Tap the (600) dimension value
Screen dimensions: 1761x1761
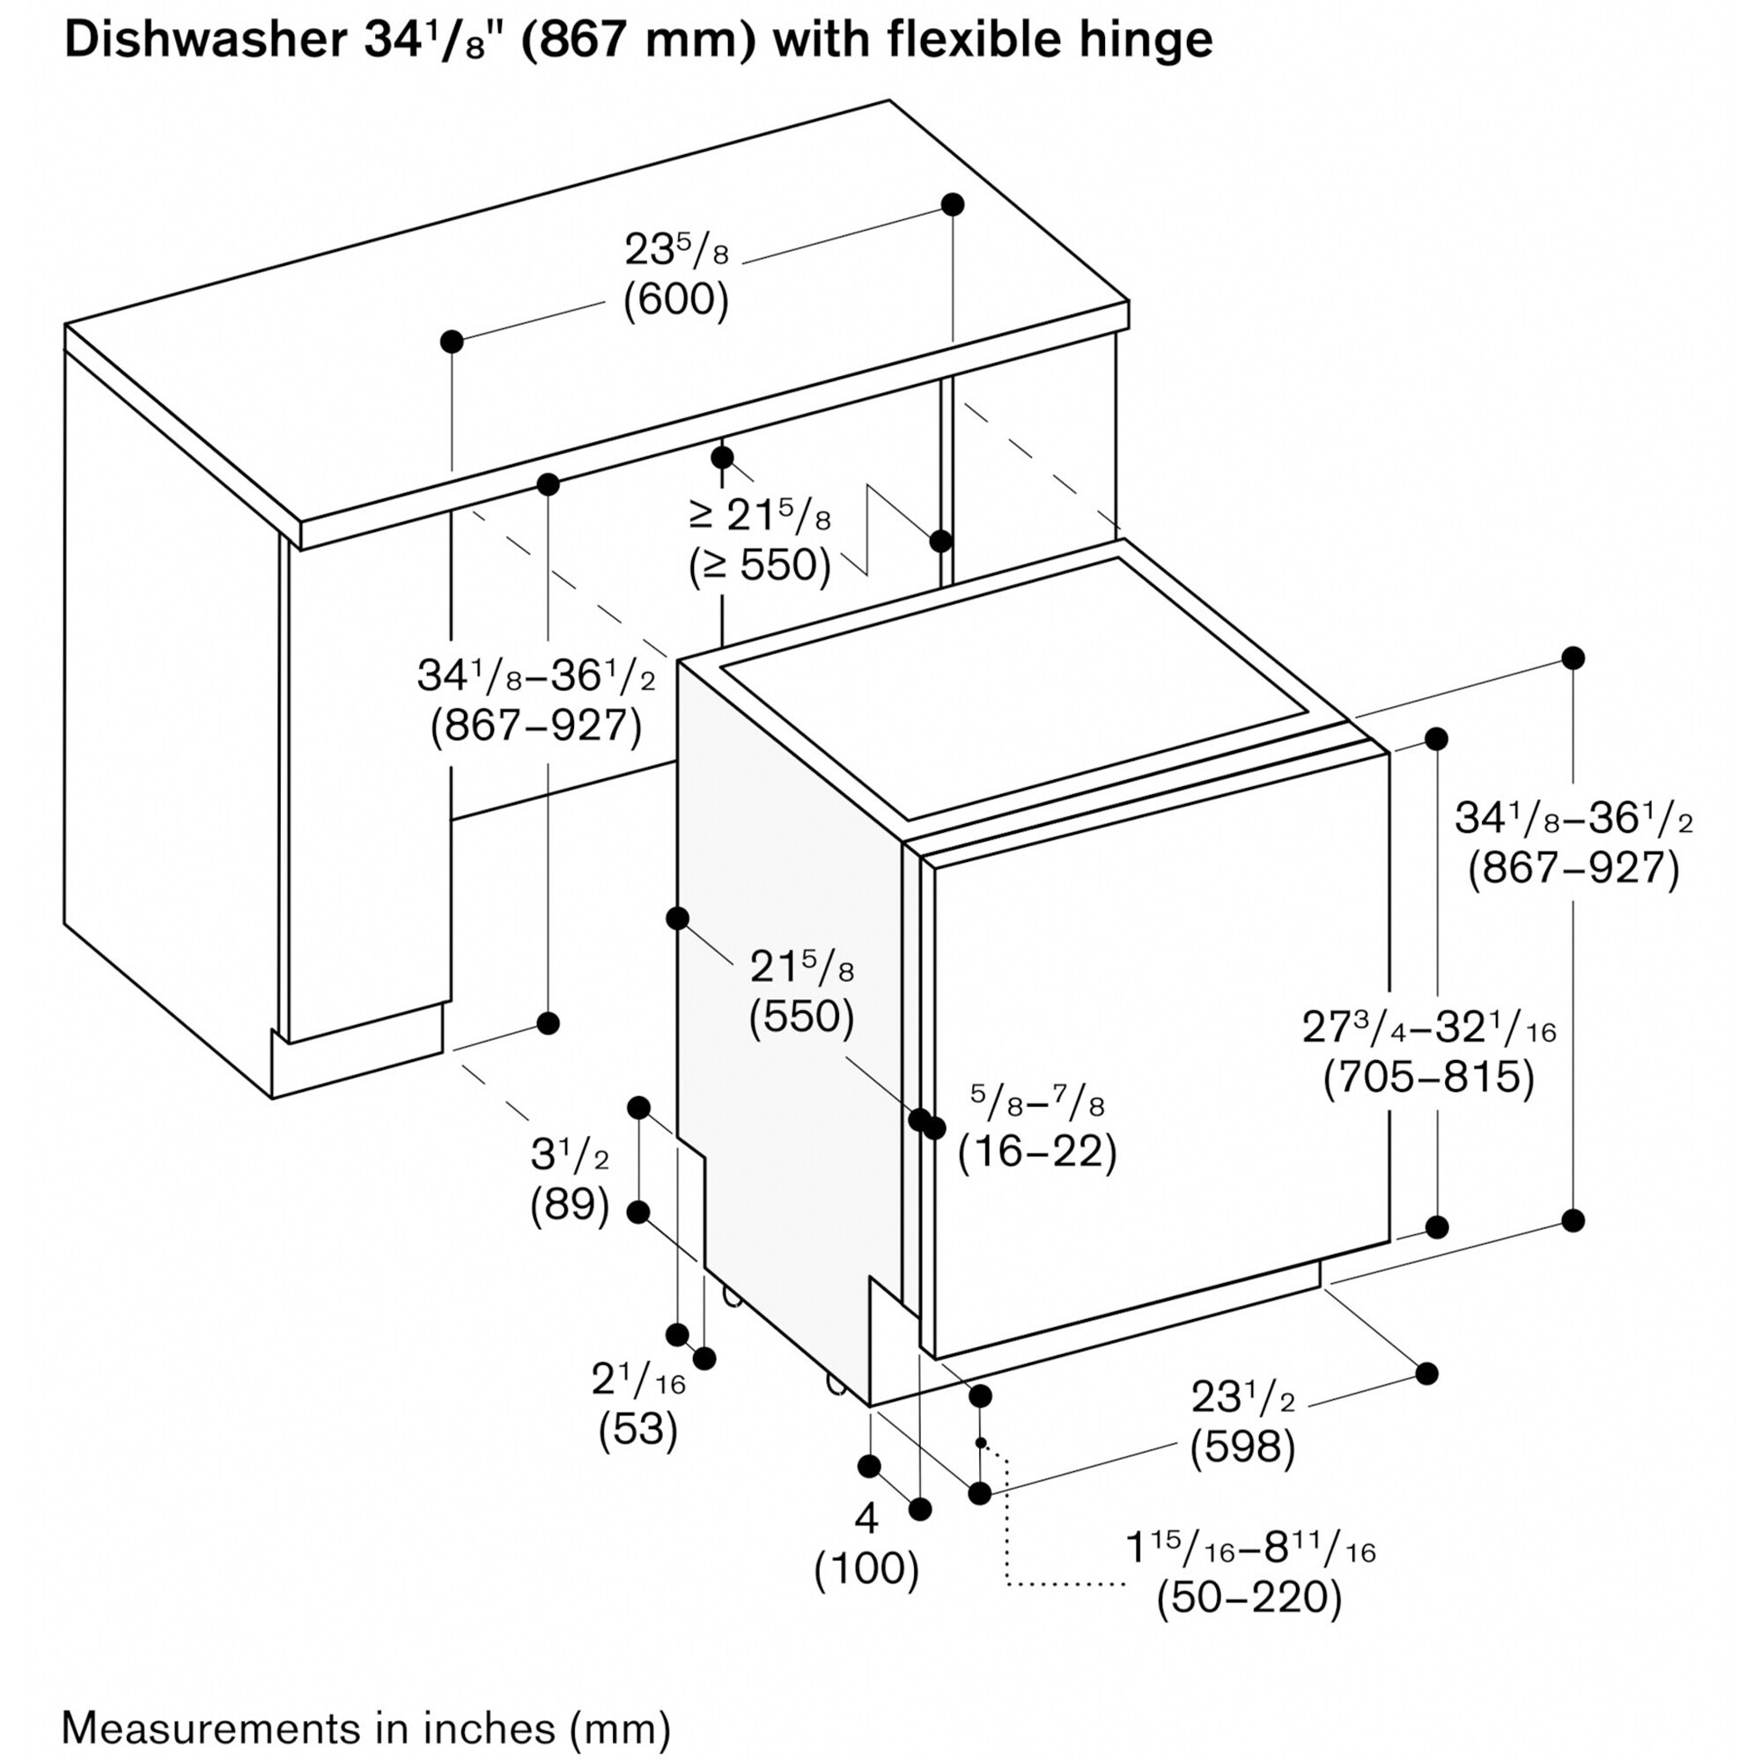[676, 301]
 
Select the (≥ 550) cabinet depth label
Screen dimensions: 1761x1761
[760, 565]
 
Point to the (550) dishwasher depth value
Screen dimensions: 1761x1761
[802, 1017]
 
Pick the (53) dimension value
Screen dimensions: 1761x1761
[638, 1430]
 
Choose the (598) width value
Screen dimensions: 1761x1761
[1243, 1448]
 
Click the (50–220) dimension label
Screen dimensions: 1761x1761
[1249, 1598]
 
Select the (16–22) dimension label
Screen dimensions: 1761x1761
[1037, 1152]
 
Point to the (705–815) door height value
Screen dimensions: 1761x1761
[1429, 1078]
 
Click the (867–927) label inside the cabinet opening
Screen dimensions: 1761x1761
[536, 726]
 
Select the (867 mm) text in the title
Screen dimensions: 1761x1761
[638, 42]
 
